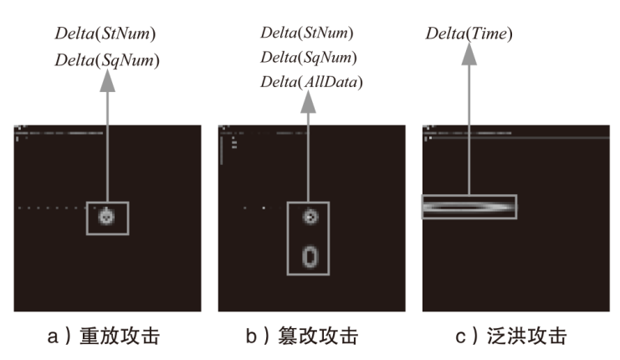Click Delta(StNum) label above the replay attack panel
(x=105, y=35)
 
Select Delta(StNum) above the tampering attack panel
(x=306, y=33)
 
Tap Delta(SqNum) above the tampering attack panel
(x=308, y=57)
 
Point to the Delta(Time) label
(x=469, y=35)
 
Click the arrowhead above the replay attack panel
(x=106, y=80)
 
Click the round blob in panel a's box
(x=106, y=218)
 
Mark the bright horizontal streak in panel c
(x=469, y=207)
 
